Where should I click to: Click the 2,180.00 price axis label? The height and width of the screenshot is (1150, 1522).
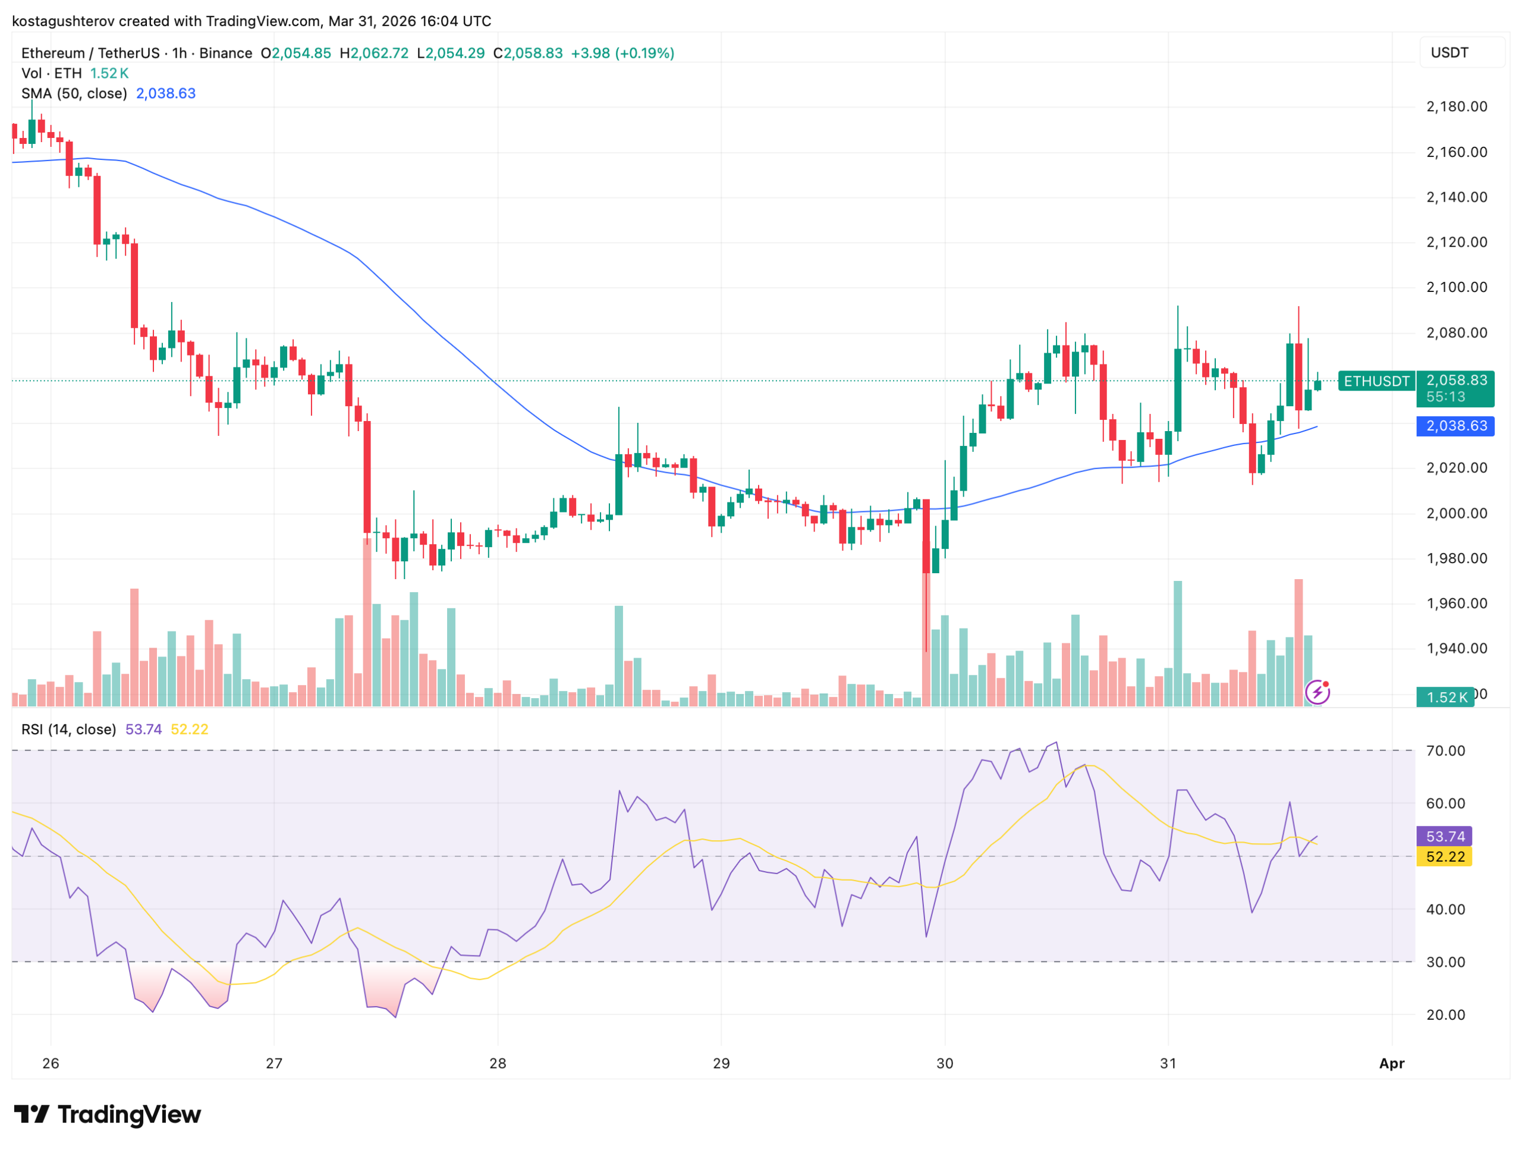coord(1456,106)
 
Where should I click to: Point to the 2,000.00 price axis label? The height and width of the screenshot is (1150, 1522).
coord(1456,513)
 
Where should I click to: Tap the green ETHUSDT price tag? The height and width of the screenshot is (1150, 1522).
coord(1376,381)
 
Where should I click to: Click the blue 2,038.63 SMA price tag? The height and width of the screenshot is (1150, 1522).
coord(1456,426)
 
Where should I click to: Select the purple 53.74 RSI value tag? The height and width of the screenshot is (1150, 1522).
coord(1444,836)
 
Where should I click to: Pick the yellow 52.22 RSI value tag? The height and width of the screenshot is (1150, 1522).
coord(1444,857)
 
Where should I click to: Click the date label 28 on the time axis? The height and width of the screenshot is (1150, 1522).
coord(498,1063)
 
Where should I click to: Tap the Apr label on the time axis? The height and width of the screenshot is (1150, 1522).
coord(1391,1063)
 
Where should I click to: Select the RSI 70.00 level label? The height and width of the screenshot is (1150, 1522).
coord(1445,751)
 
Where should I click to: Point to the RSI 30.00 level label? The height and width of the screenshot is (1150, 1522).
coord(1445,962)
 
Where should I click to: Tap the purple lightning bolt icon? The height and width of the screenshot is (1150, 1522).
coord(1317,692)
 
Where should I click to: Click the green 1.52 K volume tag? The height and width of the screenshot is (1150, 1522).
coord(1446,697)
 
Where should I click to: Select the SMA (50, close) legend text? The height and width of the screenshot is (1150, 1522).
coord(74,93)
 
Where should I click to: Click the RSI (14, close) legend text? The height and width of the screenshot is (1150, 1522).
coord(69,730)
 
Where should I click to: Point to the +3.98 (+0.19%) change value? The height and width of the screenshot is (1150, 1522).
coord(622,53)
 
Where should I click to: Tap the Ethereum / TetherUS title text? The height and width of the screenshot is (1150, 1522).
coord(90,53)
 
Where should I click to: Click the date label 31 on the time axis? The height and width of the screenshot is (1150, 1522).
coord(1168,1063)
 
